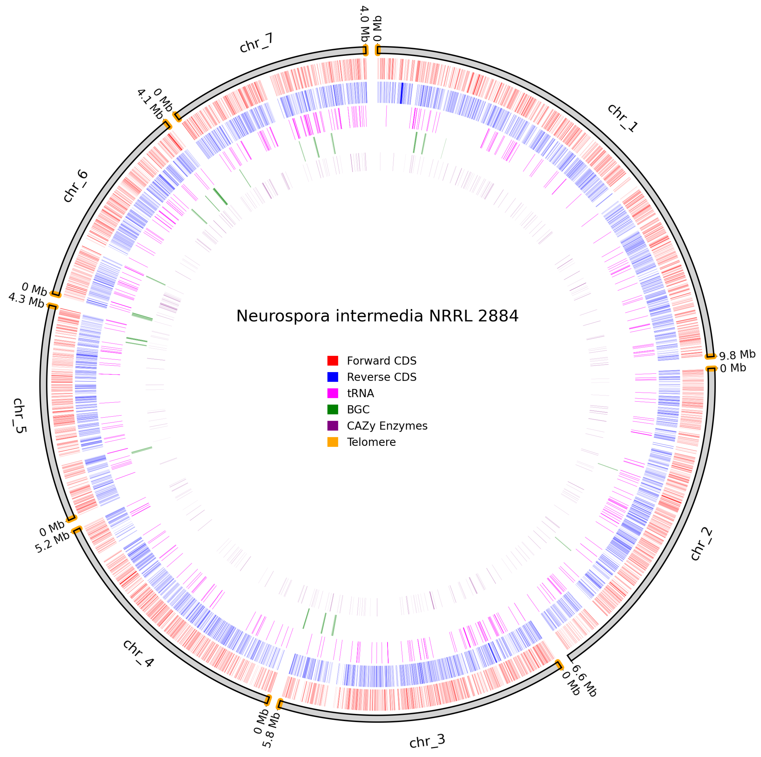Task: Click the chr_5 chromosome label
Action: click(19, 416)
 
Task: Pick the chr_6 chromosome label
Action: click(76, 186)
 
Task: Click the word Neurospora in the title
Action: click(282, 316)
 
